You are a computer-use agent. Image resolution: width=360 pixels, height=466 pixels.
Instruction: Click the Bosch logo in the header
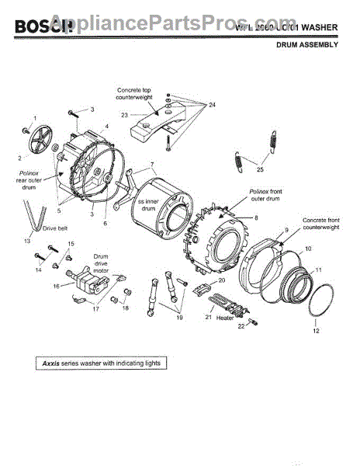coord(39,28)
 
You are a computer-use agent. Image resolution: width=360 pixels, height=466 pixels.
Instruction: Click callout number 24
coord(211,104)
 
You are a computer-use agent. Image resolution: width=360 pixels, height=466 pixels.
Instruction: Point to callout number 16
coord(56,286)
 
